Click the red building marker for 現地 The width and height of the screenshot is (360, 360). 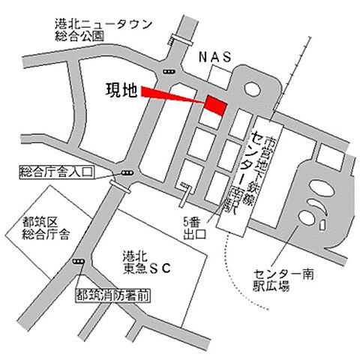point(217,105)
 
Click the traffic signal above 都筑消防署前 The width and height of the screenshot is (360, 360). point(78,261)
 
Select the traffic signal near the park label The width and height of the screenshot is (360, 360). point(169,71)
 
